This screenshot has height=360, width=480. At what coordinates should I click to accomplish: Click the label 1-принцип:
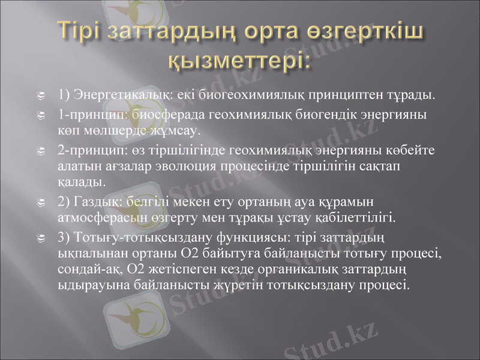coord(88,114)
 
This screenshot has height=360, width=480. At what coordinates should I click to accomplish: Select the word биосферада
coord(152,114)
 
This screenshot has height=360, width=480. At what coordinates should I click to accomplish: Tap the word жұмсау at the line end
coord(179,129)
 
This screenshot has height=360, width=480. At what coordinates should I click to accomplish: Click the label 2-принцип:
coord(88,149)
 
